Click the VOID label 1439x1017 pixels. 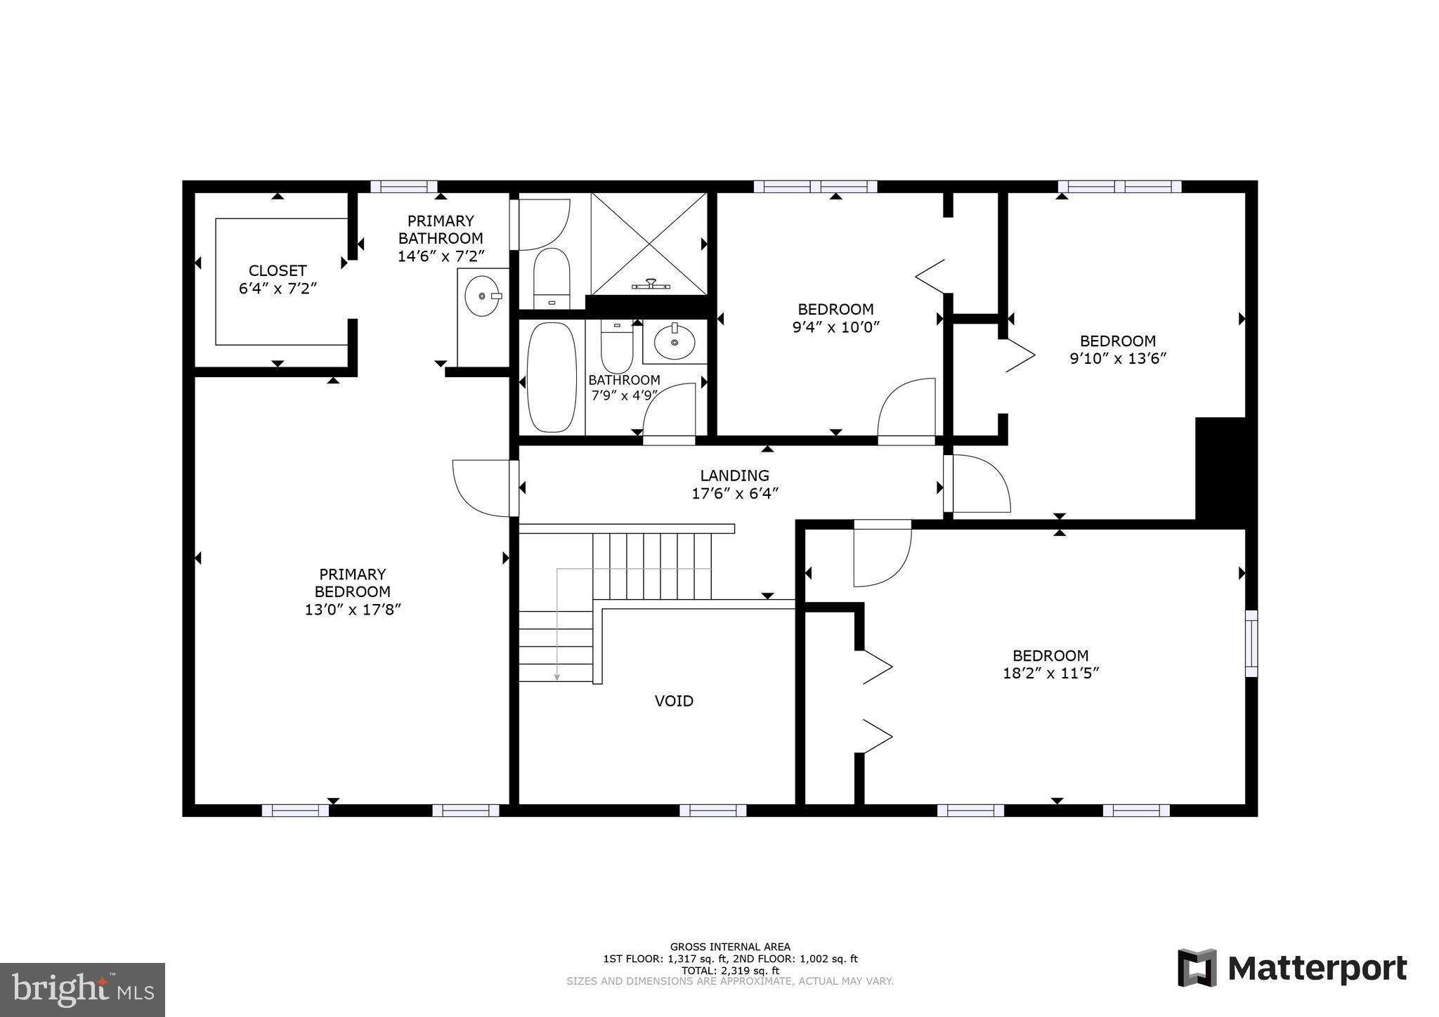(x=674, y=701)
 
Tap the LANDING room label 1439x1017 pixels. (x=734, y=475)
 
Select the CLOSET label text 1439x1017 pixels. (x=278, y=270)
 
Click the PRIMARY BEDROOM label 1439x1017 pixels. (x=352, y=583)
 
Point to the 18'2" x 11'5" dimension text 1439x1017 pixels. (x=1050, y=674)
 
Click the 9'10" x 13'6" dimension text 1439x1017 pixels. (x=1117, y=359)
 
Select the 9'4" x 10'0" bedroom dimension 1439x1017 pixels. (x=835, y=327)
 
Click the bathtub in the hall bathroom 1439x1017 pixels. (x=552, y=377)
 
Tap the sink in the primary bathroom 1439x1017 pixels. (x=482, y=296)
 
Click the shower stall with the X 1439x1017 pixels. (x=649, y=244)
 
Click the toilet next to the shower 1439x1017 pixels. (x=551, y=277)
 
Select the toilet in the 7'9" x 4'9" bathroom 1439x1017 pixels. (x=617, y=346)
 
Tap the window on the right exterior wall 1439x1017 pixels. (x=1251, y=643)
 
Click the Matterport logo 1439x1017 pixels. (x=1292, y=968)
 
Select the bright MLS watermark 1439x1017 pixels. (x=82, y=990)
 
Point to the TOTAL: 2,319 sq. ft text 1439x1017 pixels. (x=730, y=970)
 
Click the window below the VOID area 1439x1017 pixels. (x=712, y=810)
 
